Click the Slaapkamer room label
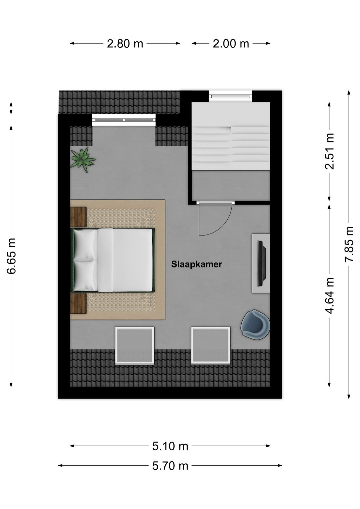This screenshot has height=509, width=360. [196, 264]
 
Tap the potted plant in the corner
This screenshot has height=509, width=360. [82, 159]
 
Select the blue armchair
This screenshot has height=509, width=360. [255, 325]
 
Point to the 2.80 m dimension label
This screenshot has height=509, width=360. [125, 43]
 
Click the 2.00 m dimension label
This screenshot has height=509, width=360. [231, 43]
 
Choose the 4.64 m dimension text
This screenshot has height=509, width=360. [330, 296]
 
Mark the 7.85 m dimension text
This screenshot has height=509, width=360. [349, 244]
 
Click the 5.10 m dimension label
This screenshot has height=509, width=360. [170, 446]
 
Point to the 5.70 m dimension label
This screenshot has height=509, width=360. [170, 466]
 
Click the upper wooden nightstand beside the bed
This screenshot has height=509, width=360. [78, 217]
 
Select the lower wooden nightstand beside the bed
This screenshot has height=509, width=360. [78, 303]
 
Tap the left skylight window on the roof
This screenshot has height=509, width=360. [135, 345]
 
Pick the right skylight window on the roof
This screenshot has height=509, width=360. [211, 345]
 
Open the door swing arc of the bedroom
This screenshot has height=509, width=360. [215, 218]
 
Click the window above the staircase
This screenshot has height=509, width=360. [230, 96]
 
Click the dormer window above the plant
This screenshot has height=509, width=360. [124, 120]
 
